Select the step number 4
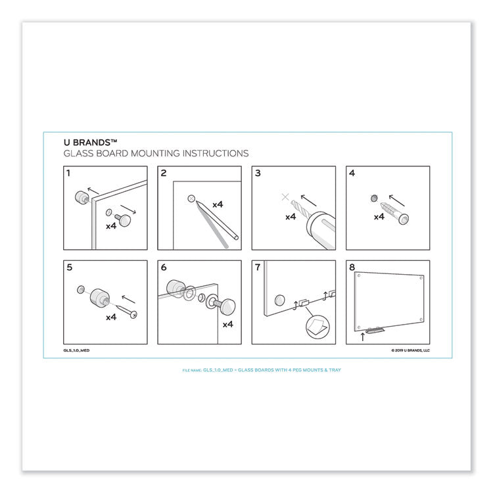coord(352,174)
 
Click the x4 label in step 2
coord(218,204)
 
